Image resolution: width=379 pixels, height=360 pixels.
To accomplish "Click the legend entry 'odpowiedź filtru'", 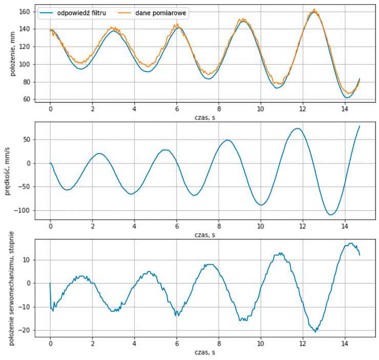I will click(82, 14).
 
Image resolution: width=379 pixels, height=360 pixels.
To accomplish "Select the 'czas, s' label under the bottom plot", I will click(204, 353).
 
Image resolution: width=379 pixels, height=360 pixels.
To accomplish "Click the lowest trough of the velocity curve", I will click(331, 214).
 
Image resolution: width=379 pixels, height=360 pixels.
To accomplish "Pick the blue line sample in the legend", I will click(48, 14).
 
